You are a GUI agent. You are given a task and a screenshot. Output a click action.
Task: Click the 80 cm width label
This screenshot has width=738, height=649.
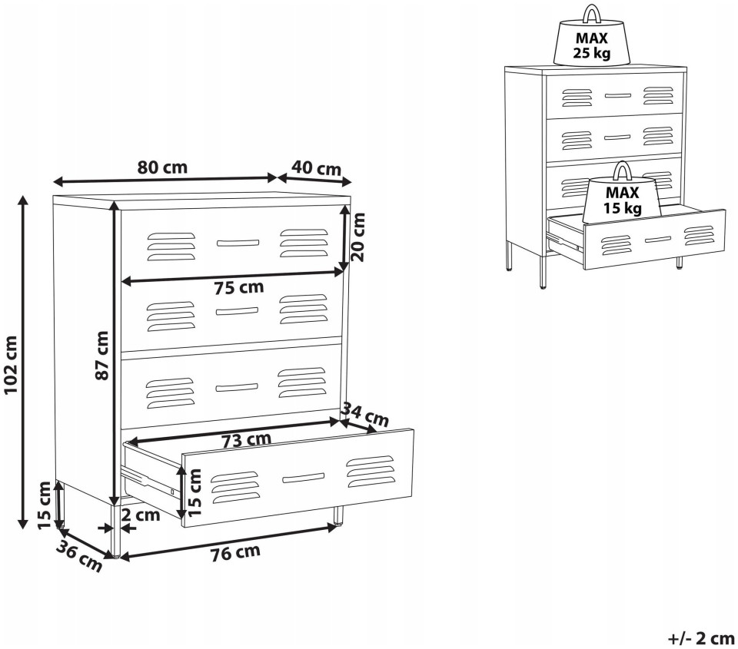[x=162, y=167]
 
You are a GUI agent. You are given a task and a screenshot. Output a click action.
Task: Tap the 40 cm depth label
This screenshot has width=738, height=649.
[x=316, y=167]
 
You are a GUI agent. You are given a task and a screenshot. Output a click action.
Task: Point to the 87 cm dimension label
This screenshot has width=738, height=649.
[x=102, y=355]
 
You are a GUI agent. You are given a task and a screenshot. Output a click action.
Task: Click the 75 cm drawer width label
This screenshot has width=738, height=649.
[x=239, y=287]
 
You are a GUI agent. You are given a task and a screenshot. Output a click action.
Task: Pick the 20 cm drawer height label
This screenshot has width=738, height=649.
[x=359, y=237]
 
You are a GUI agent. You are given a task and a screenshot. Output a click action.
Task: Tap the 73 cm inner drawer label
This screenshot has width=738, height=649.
[x=247, y=440]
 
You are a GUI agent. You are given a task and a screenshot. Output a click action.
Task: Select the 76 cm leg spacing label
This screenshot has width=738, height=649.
[x=235, y=552]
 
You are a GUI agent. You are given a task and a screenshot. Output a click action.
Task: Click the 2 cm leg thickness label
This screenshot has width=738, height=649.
[x=141, y=515]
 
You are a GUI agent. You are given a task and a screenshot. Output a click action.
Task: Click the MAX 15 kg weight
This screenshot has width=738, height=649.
[x=622, y=193]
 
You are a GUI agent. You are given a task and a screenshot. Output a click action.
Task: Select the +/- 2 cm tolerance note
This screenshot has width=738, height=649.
[x=701, y=638]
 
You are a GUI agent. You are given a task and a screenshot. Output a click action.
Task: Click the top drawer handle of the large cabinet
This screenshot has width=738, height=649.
[x=238, y=243]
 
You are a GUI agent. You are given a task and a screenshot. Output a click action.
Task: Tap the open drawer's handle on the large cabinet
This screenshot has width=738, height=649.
[x=303, y=478]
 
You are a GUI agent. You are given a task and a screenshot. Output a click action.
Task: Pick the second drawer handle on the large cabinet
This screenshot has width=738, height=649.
[x=237, y=311]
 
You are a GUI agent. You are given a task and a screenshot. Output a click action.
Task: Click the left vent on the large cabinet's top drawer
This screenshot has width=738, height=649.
[x=171, y=246]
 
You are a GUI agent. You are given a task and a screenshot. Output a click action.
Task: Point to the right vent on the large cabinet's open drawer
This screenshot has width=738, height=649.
[x=371, y=472]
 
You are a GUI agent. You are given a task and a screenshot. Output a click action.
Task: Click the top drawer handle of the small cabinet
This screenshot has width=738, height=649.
[x=617, y=95]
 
